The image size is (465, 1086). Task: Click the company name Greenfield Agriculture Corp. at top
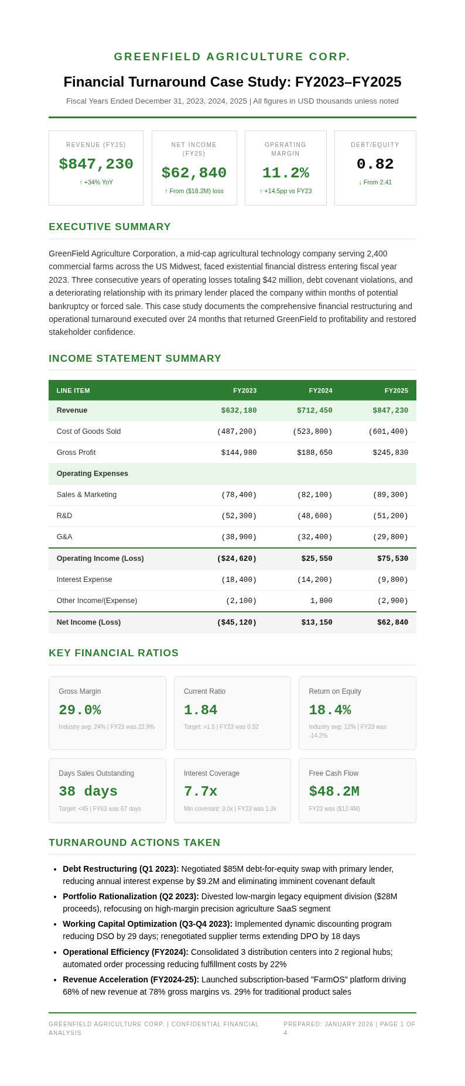click(x=232, y=57)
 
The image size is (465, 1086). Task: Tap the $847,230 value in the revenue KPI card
click(x=96, y=165)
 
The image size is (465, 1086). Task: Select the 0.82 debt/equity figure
click(x=375, y=165)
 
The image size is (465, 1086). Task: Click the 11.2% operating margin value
click(x=285, y=173)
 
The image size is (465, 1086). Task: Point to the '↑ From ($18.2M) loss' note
click(x=194, y=191)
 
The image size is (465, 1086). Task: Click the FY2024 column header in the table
click(x=320, y=390)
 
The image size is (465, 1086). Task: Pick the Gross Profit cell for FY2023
click(x=238, y=453)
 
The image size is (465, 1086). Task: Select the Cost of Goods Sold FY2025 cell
click(x=388, y=431)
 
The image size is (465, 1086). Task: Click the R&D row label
click(x=64, y=516)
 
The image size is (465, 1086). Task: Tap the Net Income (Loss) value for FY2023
click(x=237, y=622)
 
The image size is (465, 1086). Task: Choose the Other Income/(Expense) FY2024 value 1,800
click(x=322, y=601)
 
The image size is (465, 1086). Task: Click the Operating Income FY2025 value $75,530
click(x=392, y=559)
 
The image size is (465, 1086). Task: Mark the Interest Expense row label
click(x=84, y=580)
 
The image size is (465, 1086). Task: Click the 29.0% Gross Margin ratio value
click(x=80, y=710)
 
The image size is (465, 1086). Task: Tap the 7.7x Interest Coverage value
click(x=200, y=792)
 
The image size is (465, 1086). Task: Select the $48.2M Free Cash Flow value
click(x=334, y=792)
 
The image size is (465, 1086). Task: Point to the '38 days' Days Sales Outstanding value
click(x=88, y=792)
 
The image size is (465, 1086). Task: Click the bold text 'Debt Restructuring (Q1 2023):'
click(x=121, y=869)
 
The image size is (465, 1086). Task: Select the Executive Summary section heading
click(x=110, y=227)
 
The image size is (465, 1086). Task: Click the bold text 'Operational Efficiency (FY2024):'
click(x=125, y=952)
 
